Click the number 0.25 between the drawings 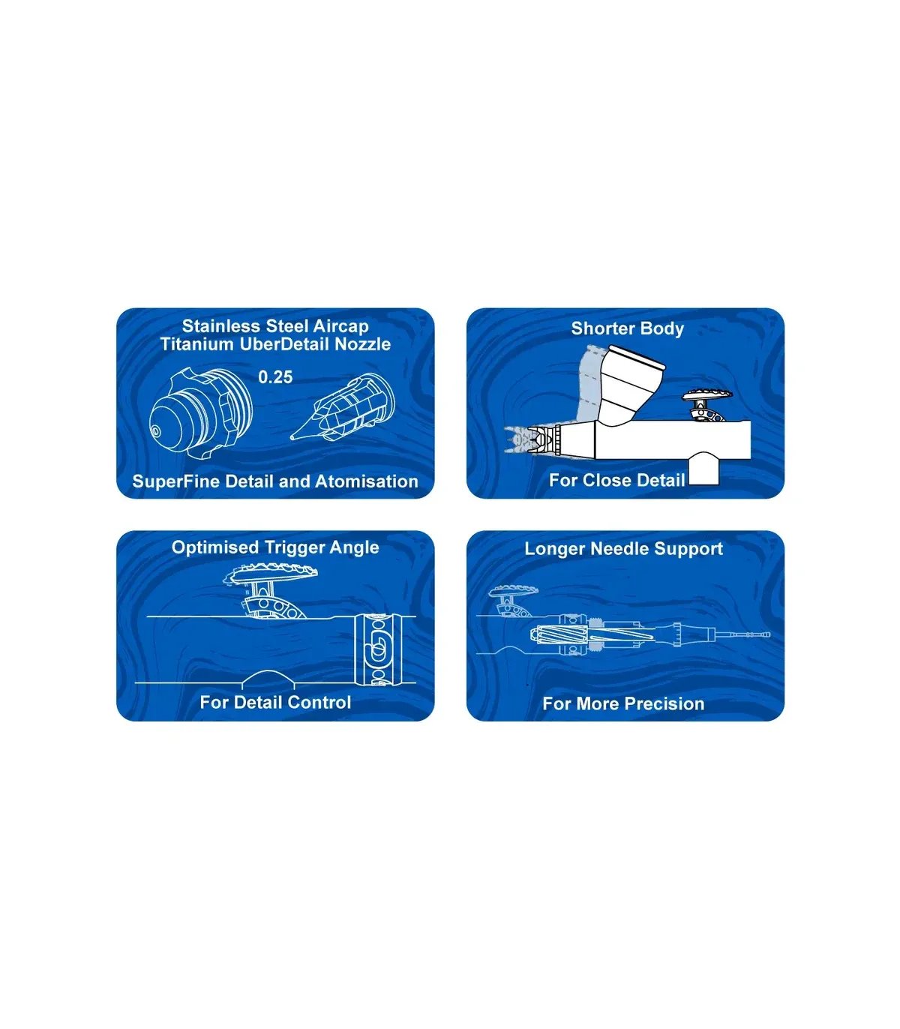tap(275, 376)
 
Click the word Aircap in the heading tap(341, 326)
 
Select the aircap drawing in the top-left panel tap(200, 413)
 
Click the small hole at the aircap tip tap(155, 431)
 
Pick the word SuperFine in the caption tap(176, 481)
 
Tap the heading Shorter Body tap(628, 328)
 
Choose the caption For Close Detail tap(617, 480)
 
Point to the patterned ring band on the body tap(378, 649)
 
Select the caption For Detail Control tap(275, 702)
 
